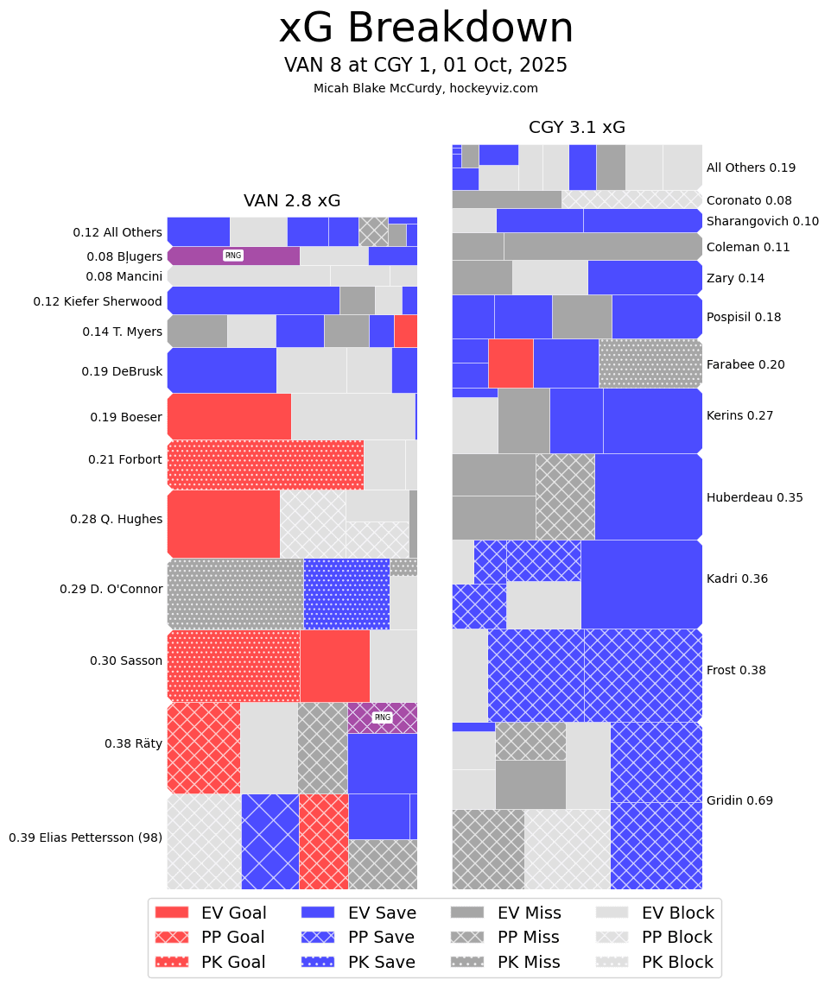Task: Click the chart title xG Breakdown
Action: click(426, 28)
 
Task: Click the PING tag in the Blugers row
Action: click(232, 256)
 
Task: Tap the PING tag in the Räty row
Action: click(382, 717)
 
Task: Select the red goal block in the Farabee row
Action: click(511, 363)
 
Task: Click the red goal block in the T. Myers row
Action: click(405, 331)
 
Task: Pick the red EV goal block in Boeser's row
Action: click(229, 416)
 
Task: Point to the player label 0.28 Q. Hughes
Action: click(116, 519)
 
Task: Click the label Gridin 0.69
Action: click(739, 800)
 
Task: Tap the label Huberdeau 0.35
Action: click(754, 497)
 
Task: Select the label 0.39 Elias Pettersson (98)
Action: click(86, 837)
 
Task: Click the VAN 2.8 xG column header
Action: click(292, 201)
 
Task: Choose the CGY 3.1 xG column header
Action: click(577, 128)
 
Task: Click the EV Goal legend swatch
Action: click(171, 913)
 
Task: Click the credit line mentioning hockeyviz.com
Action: click(426, 88)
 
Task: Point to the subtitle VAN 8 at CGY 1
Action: click(426, 66)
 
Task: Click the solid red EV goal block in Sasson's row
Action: click(334, 666)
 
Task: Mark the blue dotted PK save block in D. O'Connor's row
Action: click(346, 594)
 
